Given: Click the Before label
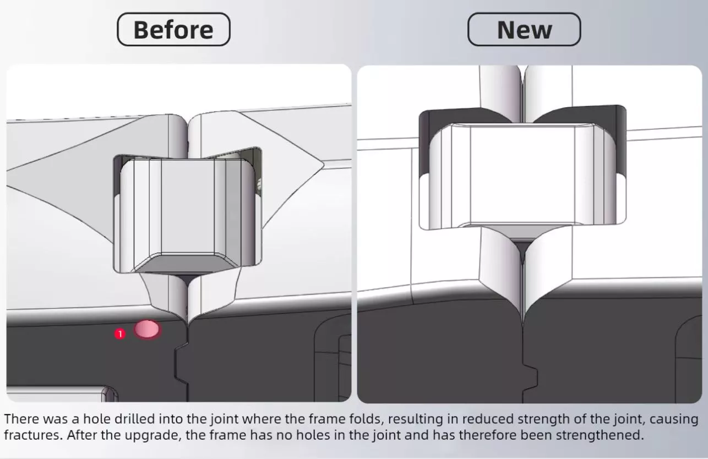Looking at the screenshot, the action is click(x=173, y=30).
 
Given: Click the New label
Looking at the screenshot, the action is click(x=524, y=30).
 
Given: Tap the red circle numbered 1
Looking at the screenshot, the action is click(x=120, y=334).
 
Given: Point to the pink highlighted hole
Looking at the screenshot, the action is click(x=146, y=329).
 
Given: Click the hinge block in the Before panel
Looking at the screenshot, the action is click(x=187, y=215).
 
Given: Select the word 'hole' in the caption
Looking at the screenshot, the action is click(x=97, y=419).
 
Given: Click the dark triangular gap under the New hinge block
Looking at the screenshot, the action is click(x=523, y=249).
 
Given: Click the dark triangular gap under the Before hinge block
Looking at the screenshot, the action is click(x=188, y=279).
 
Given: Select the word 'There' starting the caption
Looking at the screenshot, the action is click(x=22, y=419).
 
